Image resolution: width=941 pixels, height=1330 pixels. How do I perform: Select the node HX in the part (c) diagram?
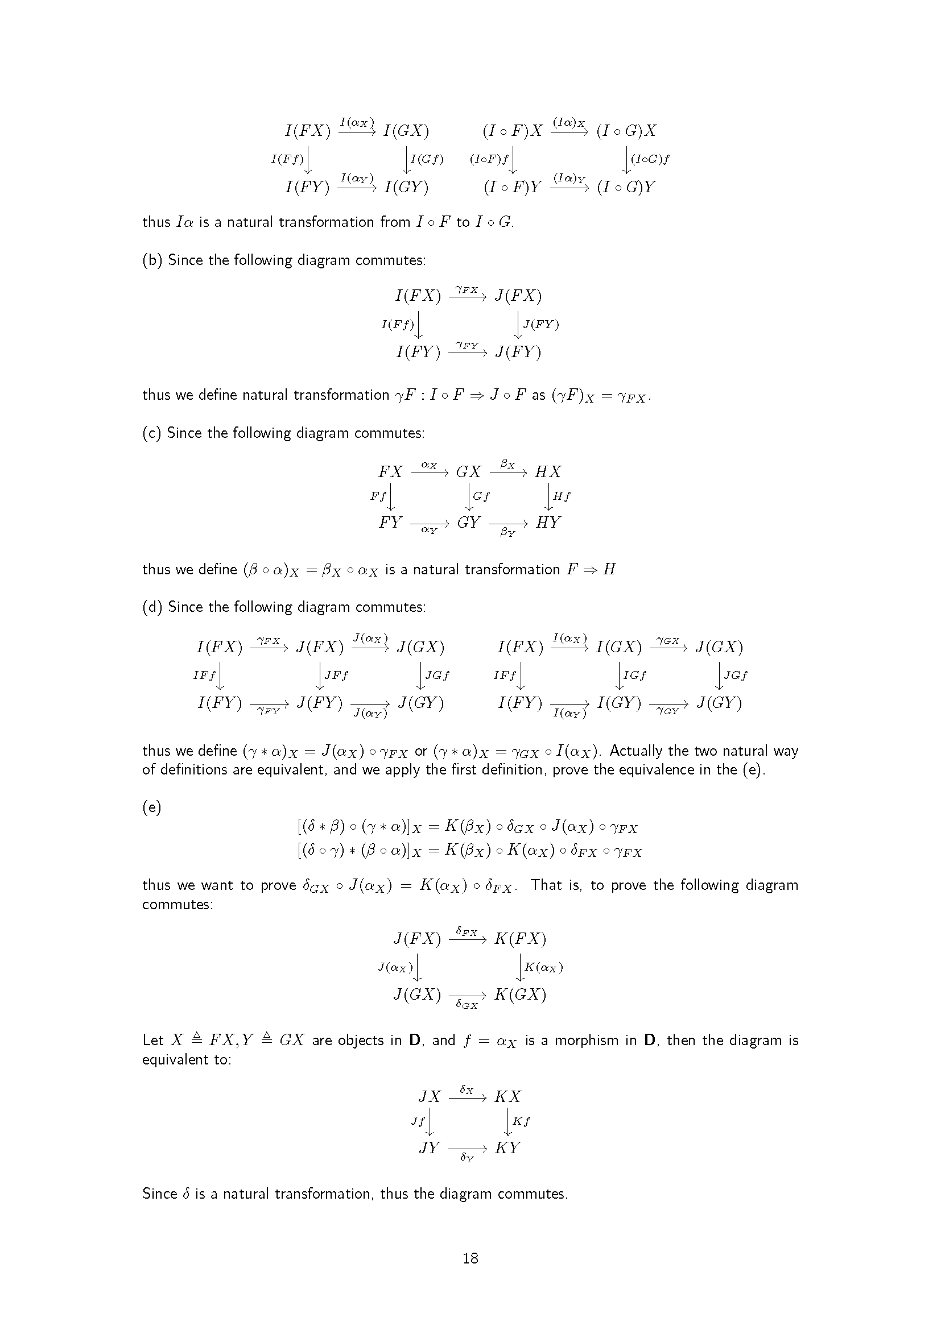547,472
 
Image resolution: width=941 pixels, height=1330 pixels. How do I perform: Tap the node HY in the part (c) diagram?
547,523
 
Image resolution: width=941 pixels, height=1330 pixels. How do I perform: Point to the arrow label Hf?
562,496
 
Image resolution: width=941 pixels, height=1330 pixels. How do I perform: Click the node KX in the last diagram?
507,1096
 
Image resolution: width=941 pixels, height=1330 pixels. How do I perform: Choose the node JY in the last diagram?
430,1147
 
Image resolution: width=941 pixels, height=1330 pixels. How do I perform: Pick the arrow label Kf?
521,1121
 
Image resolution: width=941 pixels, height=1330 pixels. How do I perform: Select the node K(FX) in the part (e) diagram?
520,938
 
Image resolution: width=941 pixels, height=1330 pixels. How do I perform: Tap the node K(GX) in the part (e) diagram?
520,995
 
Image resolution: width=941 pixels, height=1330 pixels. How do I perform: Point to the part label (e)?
152,807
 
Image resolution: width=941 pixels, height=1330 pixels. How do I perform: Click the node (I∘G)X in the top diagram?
626,131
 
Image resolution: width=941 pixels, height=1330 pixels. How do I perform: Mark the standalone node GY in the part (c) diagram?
469,523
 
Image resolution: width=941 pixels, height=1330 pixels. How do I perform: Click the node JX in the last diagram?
430,1096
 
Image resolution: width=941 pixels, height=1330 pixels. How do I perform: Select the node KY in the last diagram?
507,1147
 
